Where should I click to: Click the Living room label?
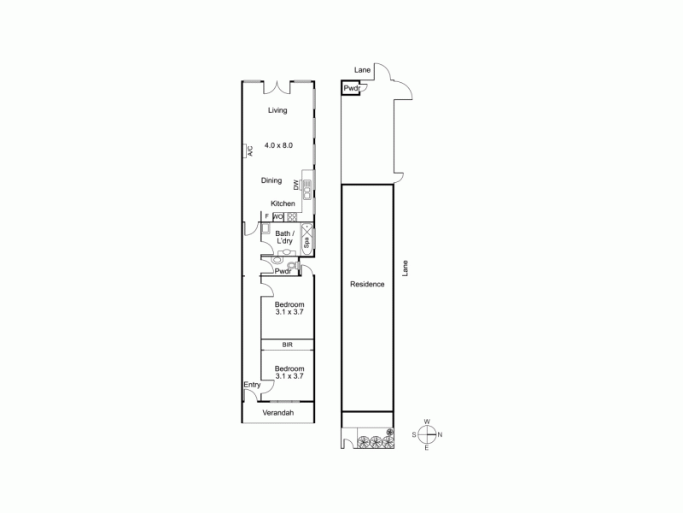click(277, 110)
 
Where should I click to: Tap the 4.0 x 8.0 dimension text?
click(279, 145)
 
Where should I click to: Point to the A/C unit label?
click(250, 151)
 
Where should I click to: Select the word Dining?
click(271, 180)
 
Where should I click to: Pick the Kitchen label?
click(283, 203)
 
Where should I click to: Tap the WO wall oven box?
click(279, 216)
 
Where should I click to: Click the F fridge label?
click(266, 216)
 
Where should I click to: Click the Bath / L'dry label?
click(284, 238)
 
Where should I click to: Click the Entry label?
click(252, 385)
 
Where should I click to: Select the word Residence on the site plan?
click(367, 284)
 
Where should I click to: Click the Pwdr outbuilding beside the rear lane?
click(351, 88)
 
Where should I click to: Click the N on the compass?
click(439, 435)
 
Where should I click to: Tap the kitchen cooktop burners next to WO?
click(291, 216)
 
